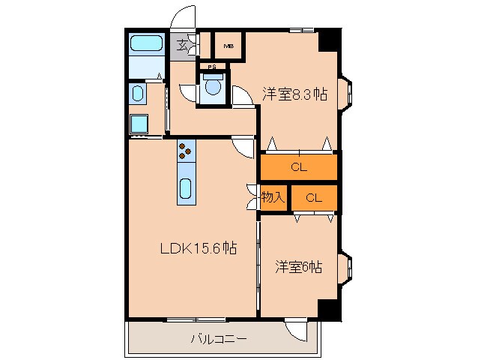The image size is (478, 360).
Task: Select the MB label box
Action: (x=228, y=46)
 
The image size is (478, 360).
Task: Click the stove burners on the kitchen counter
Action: (x=186, y=151)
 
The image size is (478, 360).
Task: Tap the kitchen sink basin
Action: (x=186, y=189)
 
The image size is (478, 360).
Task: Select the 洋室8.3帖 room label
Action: (x=294, y=94)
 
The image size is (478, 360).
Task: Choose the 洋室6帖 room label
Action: (x=298, y=266)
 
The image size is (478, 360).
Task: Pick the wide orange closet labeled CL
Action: (x=298, y=167)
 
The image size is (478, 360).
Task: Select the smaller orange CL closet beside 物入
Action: (x=313, y=198)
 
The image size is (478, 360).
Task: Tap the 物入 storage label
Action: (x=273, y=198)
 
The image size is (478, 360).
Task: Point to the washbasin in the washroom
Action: (x=138, y=94)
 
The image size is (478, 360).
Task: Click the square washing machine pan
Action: (x=140, y=124)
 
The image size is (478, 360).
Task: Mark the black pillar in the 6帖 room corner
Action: (x=327, y=309)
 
